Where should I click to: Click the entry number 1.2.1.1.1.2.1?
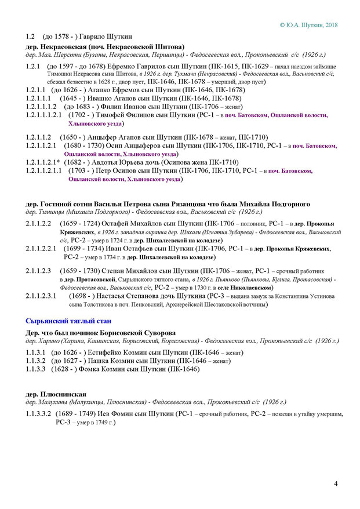click(44, 115)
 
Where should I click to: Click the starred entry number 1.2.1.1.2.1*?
click(41, 162)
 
